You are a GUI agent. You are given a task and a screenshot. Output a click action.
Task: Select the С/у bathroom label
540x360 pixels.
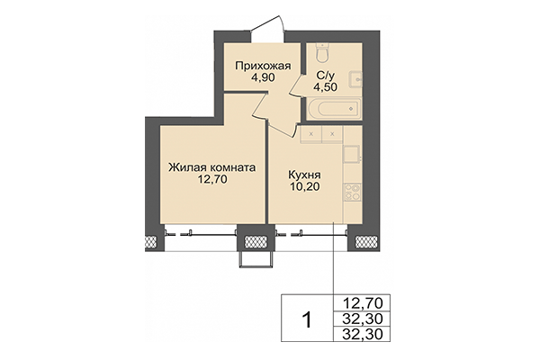pos(326,75)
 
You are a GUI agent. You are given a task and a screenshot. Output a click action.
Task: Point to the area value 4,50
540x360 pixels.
pos(326,87)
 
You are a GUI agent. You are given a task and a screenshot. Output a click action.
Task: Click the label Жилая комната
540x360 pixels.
pos(213,166)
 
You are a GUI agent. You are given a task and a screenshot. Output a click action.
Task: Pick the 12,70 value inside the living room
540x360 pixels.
pos(213,180)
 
